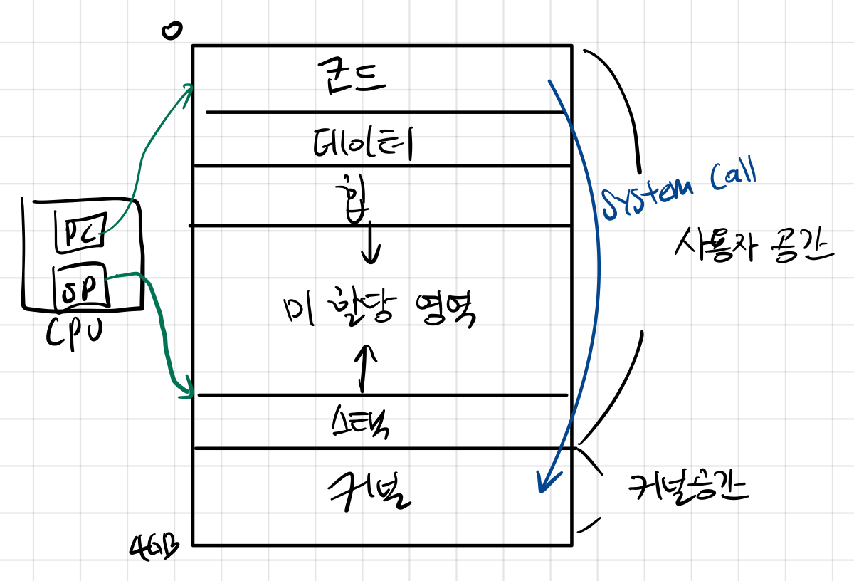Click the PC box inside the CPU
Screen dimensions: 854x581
coord(80,231)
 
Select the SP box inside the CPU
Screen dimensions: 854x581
coord(82,286)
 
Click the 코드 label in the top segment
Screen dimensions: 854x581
coord(352,78)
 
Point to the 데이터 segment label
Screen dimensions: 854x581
coord(364,144)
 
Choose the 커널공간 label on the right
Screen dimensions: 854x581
coord(687,490)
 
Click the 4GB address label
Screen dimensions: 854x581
coord(154,548)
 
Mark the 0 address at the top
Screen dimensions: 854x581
coord(172,30)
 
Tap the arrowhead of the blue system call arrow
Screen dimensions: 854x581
coord(543,483)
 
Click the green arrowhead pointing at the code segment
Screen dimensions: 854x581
coord(188,90)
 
